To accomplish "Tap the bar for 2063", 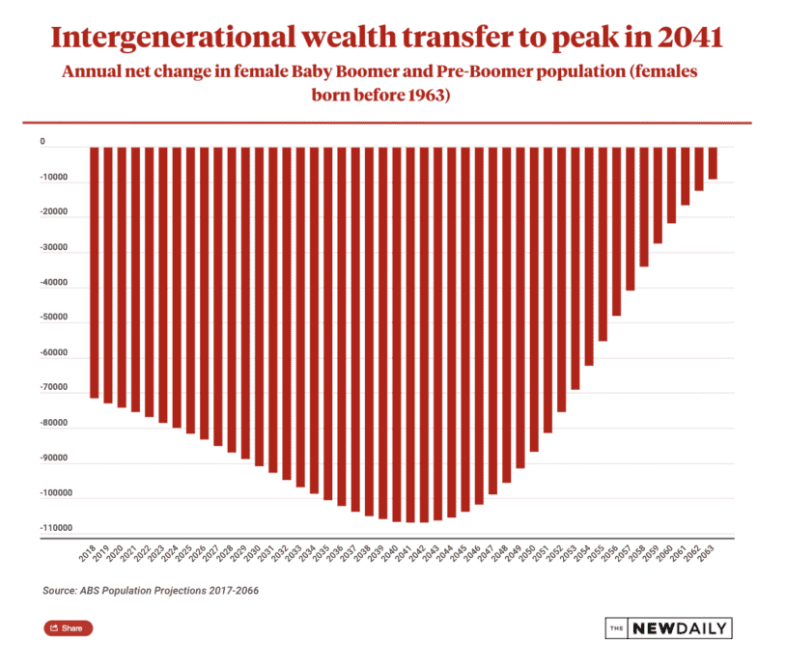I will tap(713, 163).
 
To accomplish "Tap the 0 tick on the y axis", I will tap(42, 142).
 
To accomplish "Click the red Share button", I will tap(68, 628).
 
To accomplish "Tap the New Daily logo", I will tap(668, 628).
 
